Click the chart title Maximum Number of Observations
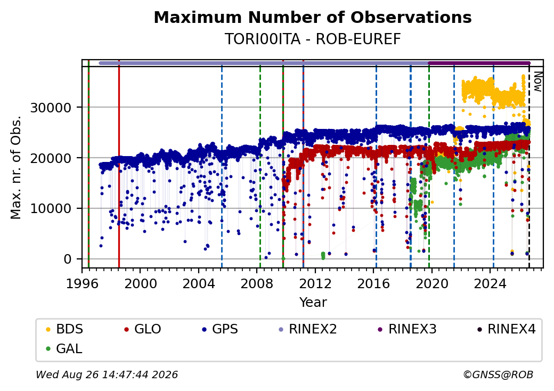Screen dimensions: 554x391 pyautogui.click(x=313, y=17)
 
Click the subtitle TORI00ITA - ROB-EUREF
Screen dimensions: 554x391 pyautogui.click(x=313, y=39)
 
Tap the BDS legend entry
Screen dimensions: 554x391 pyautogui.click(x=64, y=329)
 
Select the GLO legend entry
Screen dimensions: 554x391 pyautogui.click(x=143, y=329)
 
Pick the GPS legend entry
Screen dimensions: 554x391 pyautogui.click(x=220, y=329)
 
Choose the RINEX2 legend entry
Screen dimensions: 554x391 pyautogui.click(x=308, y=329)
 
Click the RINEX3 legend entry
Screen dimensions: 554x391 pyautogui.click(x=408, y=329)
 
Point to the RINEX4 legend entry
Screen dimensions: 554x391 pyautogui.click(x=507, y=329)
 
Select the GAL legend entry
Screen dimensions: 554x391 pyautogui.click(x=64, y=348)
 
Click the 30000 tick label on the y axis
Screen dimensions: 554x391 pyautogui.click(x=51, y=108)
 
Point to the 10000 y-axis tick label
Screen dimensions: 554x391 pyautogui.click(x=51, y=209)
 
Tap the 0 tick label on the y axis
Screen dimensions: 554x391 pyautogui.click(x=68, y=259)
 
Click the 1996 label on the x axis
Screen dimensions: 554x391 pyautogui.click(x=82, y=283)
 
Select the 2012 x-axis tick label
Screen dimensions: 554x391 pyautogui.click(x=315, y=283)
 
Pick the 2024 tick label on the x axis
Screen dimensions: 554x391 pyautogui.click(x=490, y=283)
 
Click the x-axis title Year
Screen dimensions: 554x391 pyautogui.click(x=313, y=303)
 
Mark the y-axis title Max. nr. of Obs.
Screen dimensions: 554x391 pyautogui.click(x=16, y=167)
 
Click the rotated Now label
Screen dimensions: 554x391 pyautogui.click(x=537, y=82)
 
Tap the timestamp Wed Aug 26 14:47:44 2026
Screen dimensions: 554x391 pyautogui.click(x=107, y=374)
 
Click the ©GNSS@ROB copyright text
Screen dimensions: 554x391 pyautogui.click(x=498, y=374)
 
